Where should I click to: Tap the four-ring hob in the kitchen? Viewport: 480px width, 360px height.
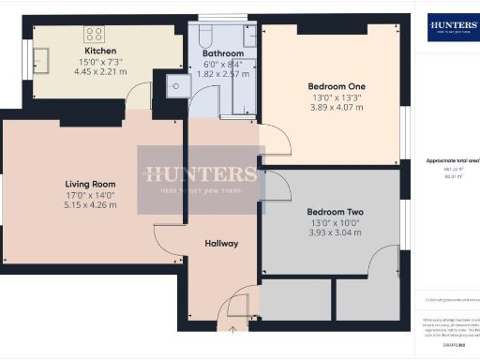point(95,34)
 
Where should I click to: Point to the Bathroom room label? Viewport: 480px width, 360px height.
point(222,54)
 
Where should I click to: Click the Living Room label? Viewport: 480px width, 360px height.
point(90,184)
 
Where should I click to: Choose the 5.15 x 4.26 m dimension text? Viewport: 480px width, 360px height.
point(90,204)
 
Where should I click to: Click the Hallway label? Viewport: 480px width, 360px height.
point(223,244)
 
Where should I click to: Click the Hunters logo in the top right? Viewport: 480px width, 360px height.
point(453,26)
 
